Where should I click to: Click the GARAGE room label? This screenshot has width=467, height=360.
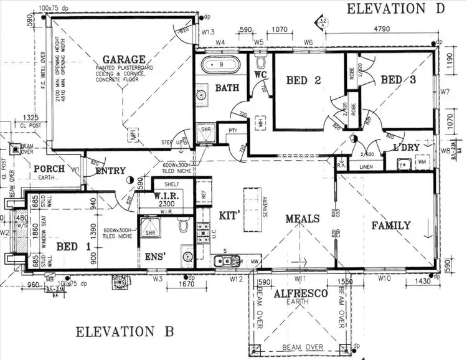[125, 60]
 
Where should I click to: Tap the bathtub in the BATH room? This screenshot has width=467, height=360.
[220, 64]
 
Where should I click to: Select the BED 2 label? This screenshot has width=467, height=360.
[303, 80]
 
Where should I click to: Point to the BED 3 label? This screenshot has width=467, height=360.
[399, 80]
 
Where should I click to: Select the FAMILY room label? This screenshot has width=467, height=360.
[391, 225]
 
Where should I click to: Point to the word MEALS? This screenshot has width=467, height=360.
[303, 219]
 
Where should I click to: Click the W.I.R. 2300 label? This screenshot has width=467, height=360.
[166, 199]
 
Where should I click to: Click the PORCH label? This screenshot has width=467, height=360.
[50, 169]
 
